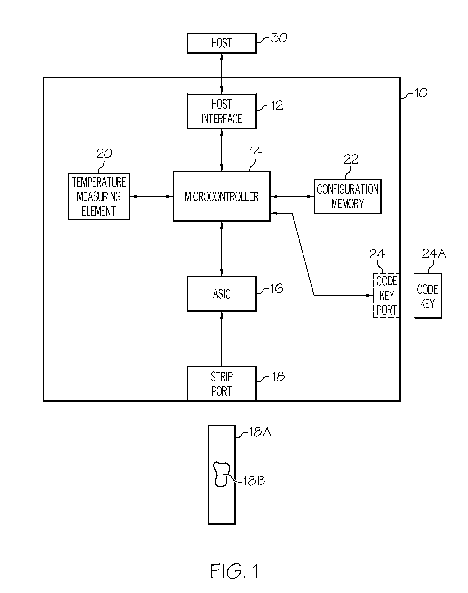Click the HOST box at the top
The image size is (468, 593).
(x=222, y=43)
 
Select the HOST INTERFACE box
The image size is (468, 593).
(x=222, y=111)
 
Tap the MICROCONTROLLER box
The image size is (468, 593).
(x=222, y=196)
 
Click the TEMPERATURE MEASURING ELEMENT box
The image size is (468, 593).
(x=99, y=196)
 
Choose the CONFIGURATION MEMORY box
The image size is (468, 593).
(x=348, y=196)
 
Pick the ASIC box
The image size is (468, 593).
(x=222, y=294)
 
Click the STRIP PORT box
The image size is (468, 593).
(x=222, y=383)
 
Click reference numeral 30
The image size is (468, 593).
(x=279, y=38)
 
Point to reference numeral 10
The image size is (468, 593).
(x=421, y=93)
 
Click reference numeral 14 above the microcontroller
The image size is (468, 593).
(x=255, y=152)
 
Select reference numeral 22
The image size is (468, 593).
(x=351, y=159)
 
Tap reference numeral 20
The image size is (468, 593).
(x=104, y=153)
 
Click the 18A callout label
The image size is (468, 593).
(x=260, y=432)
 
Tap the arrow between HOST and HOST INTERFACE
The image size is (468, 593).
(x=222, y=73)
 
